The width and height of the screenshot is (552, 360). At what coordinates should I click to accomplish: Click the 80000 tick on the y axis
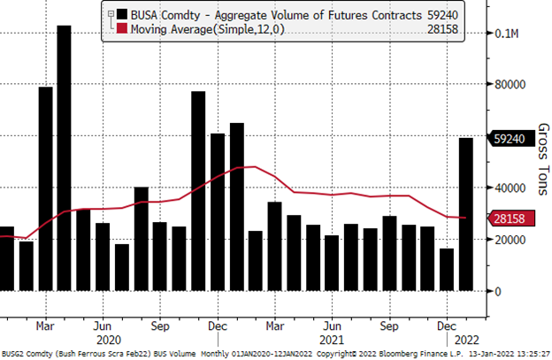(512, 86)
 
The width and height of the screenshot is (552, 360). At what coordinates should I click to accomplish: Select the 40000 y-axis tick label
(512, 188)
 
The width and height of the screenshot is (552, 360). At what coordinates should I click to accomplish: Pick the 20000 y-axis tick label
(512, 240)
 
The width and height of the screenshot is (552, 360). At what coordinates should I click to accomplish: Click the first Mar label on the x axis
(47, 326)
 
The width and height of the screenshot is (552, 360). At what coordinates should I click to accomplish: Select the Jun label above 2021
(333, 326)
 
